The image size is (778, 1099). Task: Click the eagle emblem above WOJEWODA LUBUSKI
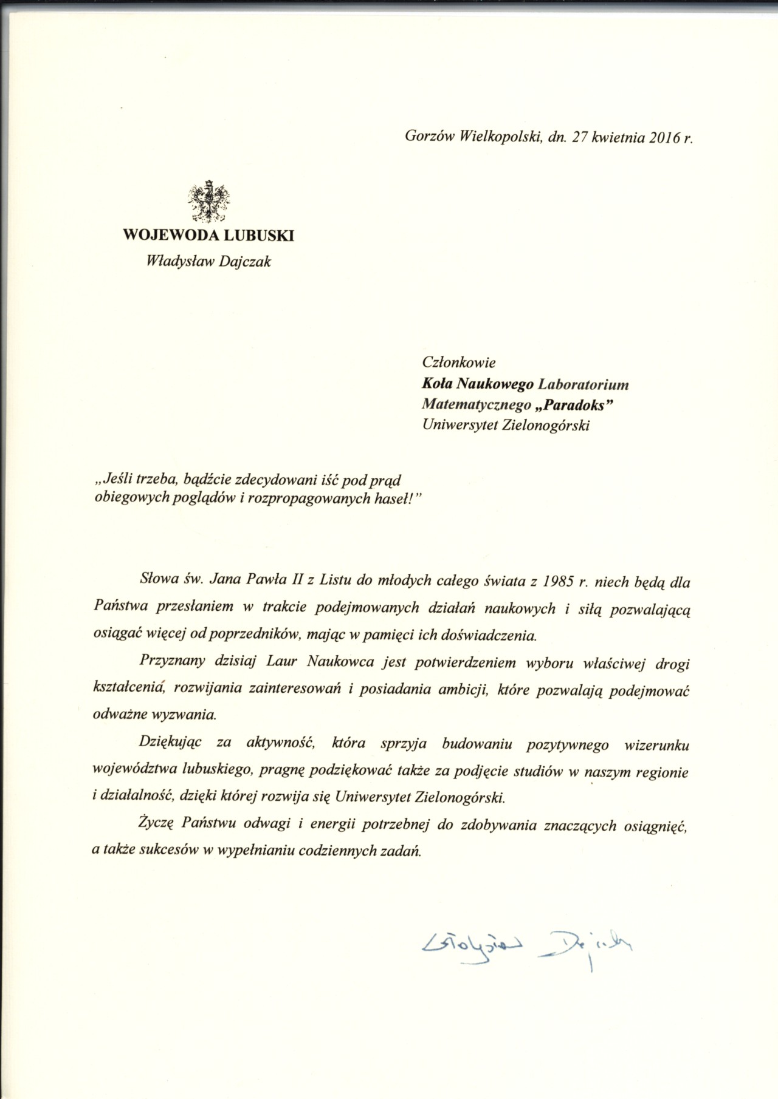coord(208,201)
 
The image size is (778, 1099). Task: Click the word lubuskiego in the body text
coord(217,771)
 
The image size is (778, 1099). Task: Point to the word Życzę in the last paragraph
coord(157,825)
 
